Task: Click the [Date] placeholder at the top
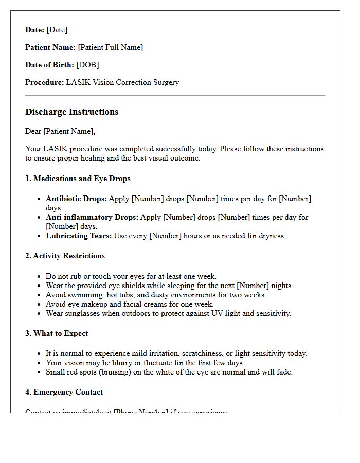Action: [57, 30]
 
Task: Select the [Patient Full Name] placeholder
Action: [110, 47]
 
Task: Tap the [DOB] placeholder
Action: [87, 65]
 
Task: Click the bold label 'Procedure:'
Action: [44, 82]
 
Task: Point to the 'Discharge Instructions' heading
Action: [71, 112]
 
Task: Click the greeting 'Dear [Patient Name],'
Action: [60, 131]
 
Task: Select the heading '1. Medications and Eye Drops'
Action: [78, 179]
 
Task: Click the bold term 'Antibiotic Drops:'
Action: [76, 199]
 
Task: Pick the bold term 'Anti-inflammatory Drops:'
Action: [92, 217]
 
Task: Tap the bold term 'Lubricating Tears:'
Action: [78, 236]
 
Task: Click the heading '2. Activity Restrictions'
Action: [65, 256]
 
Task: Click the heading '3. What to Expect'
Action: [57, 333]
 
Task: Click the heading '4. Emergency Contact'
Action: [64, 392]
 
